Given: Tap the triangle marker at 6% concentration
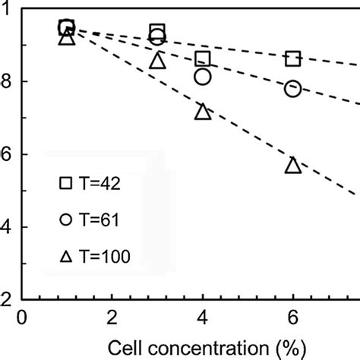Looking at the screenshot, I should click(293, 165).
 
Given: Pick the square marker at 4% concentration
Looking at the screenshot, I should click(203, 58).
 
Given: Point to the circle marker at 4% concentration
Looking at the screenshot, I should click(203, 76).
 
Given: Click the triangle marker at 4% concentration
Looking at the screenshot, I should click(203, 112).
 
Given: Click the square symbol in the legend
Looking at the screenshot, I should click(65, 183).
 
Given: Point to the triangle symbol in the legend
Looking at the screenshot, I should click(65, 257).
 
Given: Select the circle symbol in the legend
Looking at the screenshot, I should click(65, 219).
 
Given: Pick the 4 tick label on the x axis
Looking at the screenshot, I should click(203, 317).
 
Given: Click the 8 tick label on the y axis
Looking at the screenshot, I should click(6, 81).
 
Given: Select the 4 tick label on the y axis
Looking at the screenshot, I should click(6, 227).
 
